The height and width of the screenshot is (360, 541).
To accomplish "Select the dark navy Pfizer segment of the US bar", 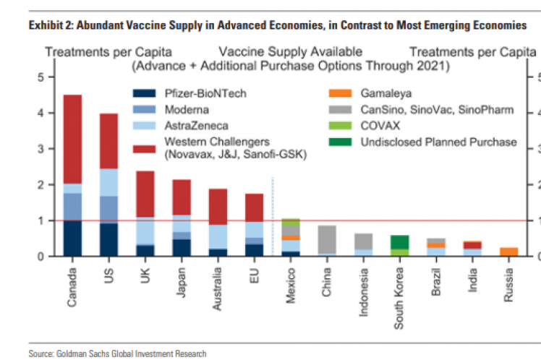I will (x=109, y=239).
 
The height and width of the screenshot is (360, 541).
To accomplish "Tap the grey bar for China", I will (x=327, y=240).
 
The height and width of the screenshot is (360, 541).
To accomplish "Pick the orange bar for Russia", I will (x=510, y=252).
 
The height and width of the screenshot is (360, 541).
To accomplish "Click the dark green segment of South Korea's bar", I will (x=401, y=242).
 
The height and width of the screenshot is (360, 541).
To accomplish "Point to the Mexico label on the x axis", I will (x=291, y=286).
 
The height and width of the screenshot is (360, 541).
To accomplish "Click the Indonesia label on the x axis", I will (x=364, y=292).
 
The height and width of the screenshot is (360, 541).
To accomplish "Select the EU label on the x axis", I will (x=255, y=277).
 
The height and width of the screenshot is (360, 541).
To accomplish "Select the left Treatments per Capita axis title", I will (x=106, y=52).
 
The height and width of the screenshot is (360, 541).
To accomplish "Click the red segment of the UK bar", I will (x=146, y=194).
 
